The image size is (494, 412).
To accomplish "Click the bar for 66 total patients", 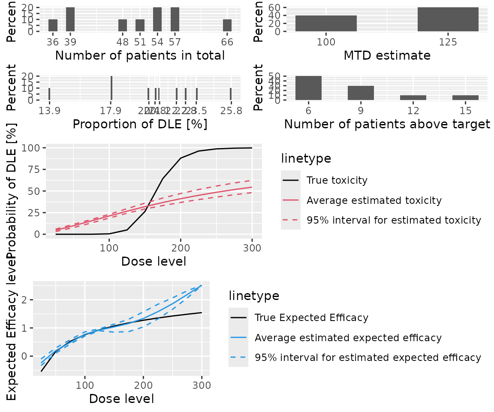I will (x=227, y=25).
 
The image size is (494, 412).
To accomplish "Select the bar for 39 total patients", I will (x=70, y=19).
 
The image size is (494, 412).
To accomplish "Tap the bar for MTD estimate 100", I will (x=326, y=24).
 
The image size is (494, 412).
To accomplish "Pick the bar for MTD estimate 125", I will (x=448, y=19).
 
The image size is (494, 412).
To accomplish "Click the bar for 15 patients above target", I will (x=465, y=98).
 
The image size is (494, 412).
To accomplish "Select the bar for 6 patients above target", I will (x=308, y=88).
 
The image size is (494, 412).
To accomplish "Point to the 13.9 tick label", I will (x=49, y=111).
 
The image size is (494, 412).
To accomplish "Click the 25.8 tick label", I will (x=231, y=111).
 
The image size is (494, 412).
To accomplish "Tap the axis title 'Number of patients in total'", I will (x=140, y=56).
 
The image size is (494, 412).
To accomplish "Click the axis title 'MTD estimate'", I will (x=387, y=56).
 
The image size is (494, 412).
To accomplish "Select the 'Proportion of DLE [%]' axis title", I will (x=140, y=124).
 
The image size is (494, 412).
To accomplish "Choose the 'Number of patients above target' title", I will (x=387, y=124).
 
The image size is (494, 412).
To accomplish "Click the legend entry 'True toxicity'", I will (x=337, y=180).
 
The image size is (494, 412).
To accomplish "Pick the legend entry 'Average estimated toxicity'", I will (x=374, y=200).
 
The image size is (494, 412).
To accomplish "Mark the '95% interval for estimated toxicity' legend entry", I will (x=394, y=221).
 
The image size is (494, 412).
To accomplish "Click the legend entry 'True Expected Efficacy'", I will (x=311, y=318).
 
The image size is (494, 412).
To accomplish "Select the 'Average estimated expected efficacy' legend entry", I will (x=348, y=338).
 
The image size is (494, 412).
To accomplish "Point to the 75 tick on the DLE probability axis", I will (x=34, y=170).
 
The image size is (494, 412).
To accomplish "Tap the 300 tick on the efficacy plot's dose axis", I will (x=202, y=385).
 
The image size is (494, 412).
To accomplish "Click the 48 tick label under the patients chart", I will (x=123, y=42).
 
